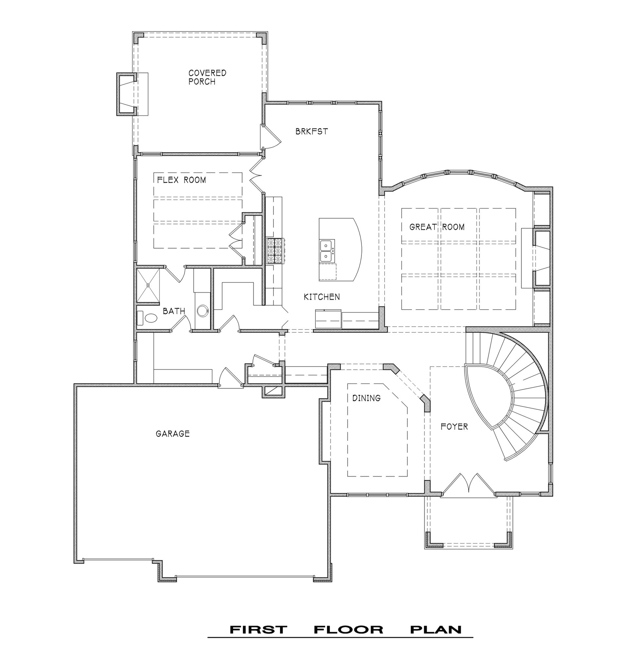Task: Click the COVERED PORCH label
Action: click(x=207, y=77)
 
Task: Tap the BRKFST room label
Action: click(x=312, y=132)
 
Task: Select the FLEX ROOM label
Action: click(x=182, y=180)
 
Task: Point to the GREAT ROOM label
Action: click(x=437, y=227)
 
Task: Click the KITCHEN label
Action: click(x=322, y=297)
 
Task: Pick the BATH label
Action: click(x=174, y=311)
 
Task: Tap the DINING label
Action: click(x=366, y=398)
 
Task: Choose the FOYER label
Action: click(x=454, y=427)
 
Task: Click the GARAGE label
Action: click(x=172, y=434)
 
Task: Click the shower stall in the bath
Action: click(x=148, y=285)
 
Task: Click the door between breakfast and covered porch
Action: click(x=271, y=136)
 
